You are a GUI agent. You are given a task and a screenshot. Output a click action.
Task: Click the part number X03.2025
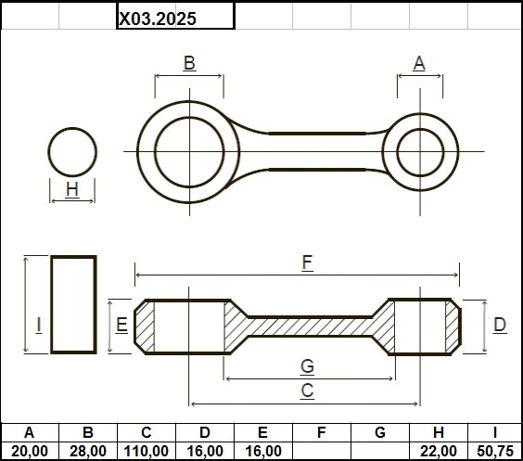tap(158, 19)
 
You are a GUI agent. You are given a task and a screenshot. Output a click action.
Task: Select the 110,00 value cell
tap(147, 452)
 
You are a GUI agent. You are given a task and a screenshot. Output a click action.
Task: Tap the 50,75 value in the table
tap(495, 452)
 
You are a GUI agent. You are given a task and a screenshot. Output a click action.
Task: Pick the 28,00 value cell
tap(88, 452)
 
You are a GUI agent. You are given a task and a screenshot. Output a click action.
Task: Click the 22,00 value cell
tap(439, 452)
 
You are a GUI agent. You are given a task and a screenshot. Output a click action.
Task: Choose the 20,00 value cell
tap(30, 452)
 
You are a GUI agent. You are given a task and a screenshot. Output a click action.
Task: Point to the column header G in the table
tap(380, 432)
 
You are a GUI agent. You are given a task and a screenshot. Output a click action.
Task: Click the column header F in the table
tap(322, 432)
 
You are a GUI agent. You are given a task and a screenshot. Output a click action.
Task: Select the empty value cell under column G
tap(380, 452)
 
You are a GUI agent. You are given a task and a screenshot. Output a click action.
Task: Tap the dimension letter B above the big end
tap(189, 63)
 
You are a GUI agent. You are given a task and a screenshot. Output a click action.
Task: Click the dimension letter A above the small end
tap(419, 63)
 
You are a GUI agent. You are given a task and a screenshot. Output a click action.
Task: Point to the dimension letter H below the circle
tap(72, 189)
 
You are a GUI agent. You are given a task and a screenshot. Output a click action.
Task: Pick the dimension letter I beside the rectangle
tap(39, 325)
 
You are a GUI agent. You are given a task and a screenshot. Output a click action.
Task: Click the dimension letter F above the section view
tap(307, 263)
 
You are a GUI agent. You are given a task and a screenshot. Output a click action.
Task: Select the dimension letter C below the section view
tap(307, 391)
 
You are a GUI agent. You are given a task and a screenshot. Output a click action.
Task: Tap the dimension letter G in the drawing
tap(307, 366)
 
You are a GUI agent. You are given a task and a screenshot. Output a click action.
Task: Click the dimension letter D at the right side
tap(500, 325)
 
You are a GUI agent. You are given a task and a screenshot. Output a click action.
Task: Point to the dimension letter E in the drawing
tap(121, 325)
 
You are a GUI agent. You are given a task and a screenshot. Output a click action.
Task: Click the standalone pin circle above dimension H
tap(72, 128)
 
